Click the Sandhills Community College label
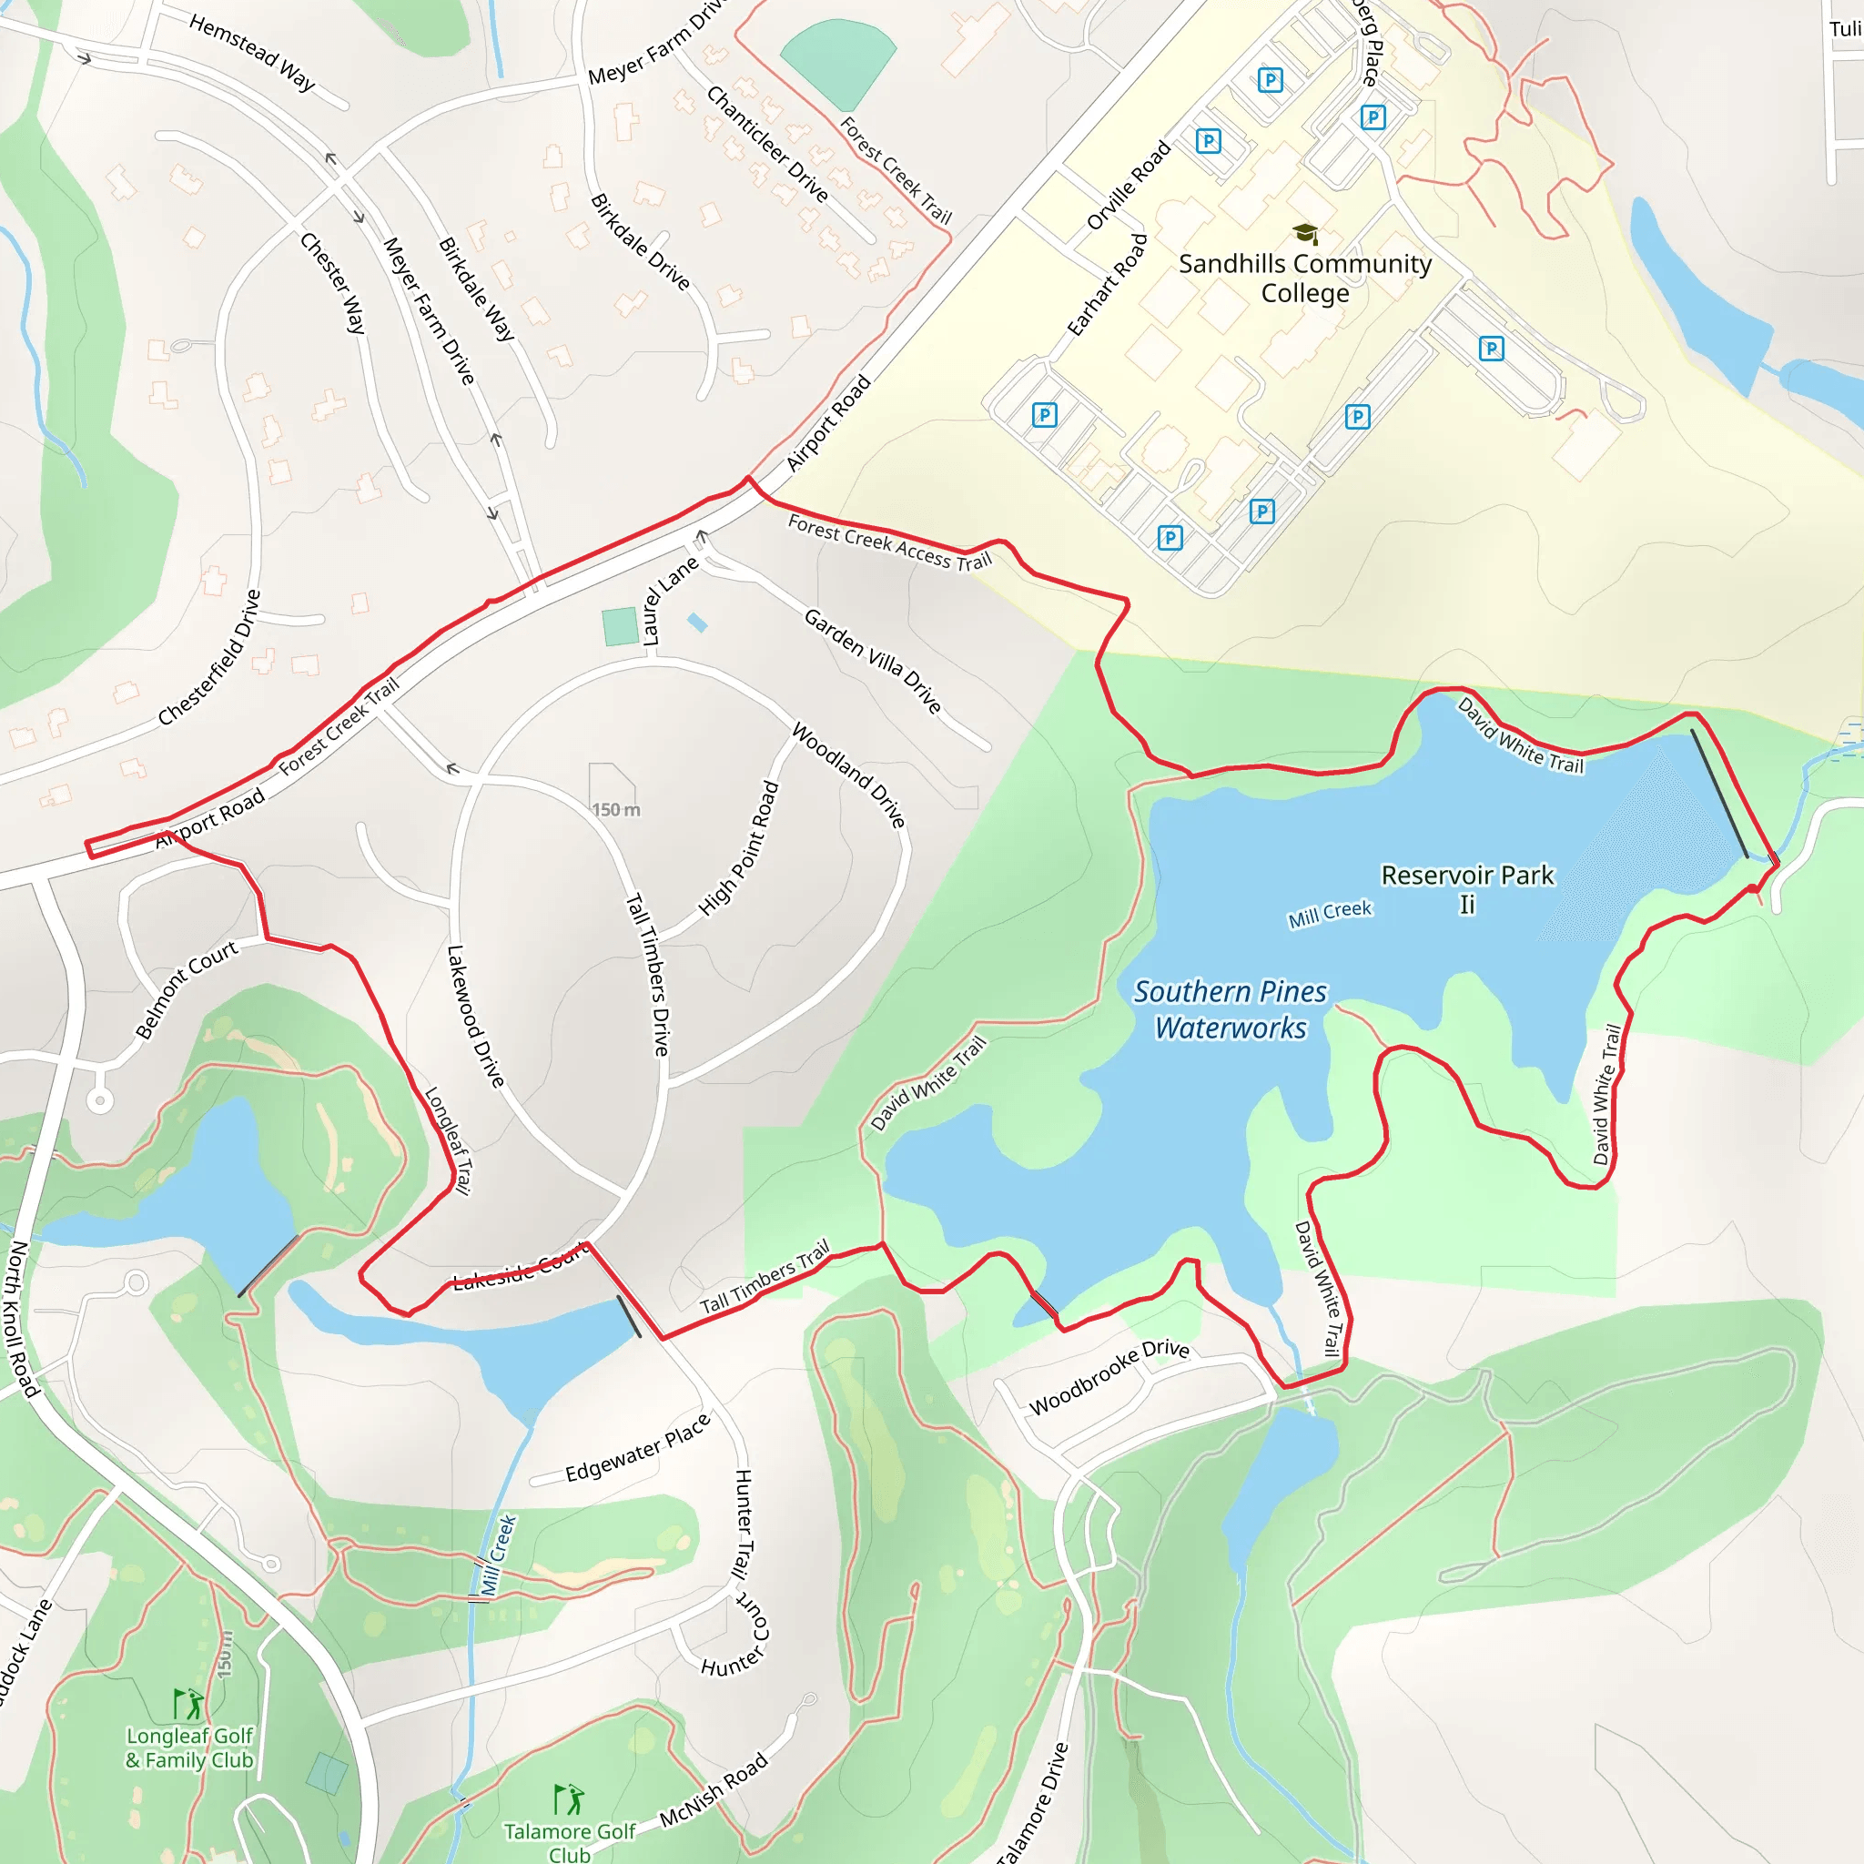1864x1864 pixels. point(1304,278)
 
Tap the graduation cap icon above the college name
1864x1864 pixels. point(1304,234)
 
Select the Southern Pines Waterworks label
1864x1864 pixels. point(1231,1009)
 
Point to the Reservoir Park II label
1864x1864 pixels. point(1466,888)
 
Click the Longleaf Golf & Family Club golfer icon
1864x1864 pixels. point(187,1704)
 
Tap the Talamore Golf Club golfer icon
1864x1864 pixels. point(568,1799)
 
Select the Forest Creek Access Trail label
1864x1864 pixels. point(889,542)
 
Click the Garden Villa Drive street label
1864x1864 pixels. point(872,661)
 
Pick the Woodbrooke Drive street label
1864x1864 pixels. point(1109,1377)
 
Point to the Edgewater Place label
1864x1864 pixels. point(638,1448)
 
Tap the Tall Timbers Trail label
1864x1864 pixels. point(765,1276)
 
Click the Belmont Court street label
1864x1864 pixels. point(186,989)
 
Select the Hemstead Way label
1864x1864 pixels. point(252,52)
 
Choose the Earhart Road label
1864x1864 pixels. point(1107,285)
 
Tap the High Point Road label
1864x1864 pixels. point(738,848)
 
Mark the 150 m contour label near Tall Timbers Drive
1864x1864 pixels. point(615,809)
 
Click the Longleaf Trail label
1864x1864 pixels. point(448,1140)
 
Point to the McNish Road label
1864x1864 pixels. point(714,1789)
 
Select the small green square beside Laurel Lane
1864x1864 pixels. point(621,626)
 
